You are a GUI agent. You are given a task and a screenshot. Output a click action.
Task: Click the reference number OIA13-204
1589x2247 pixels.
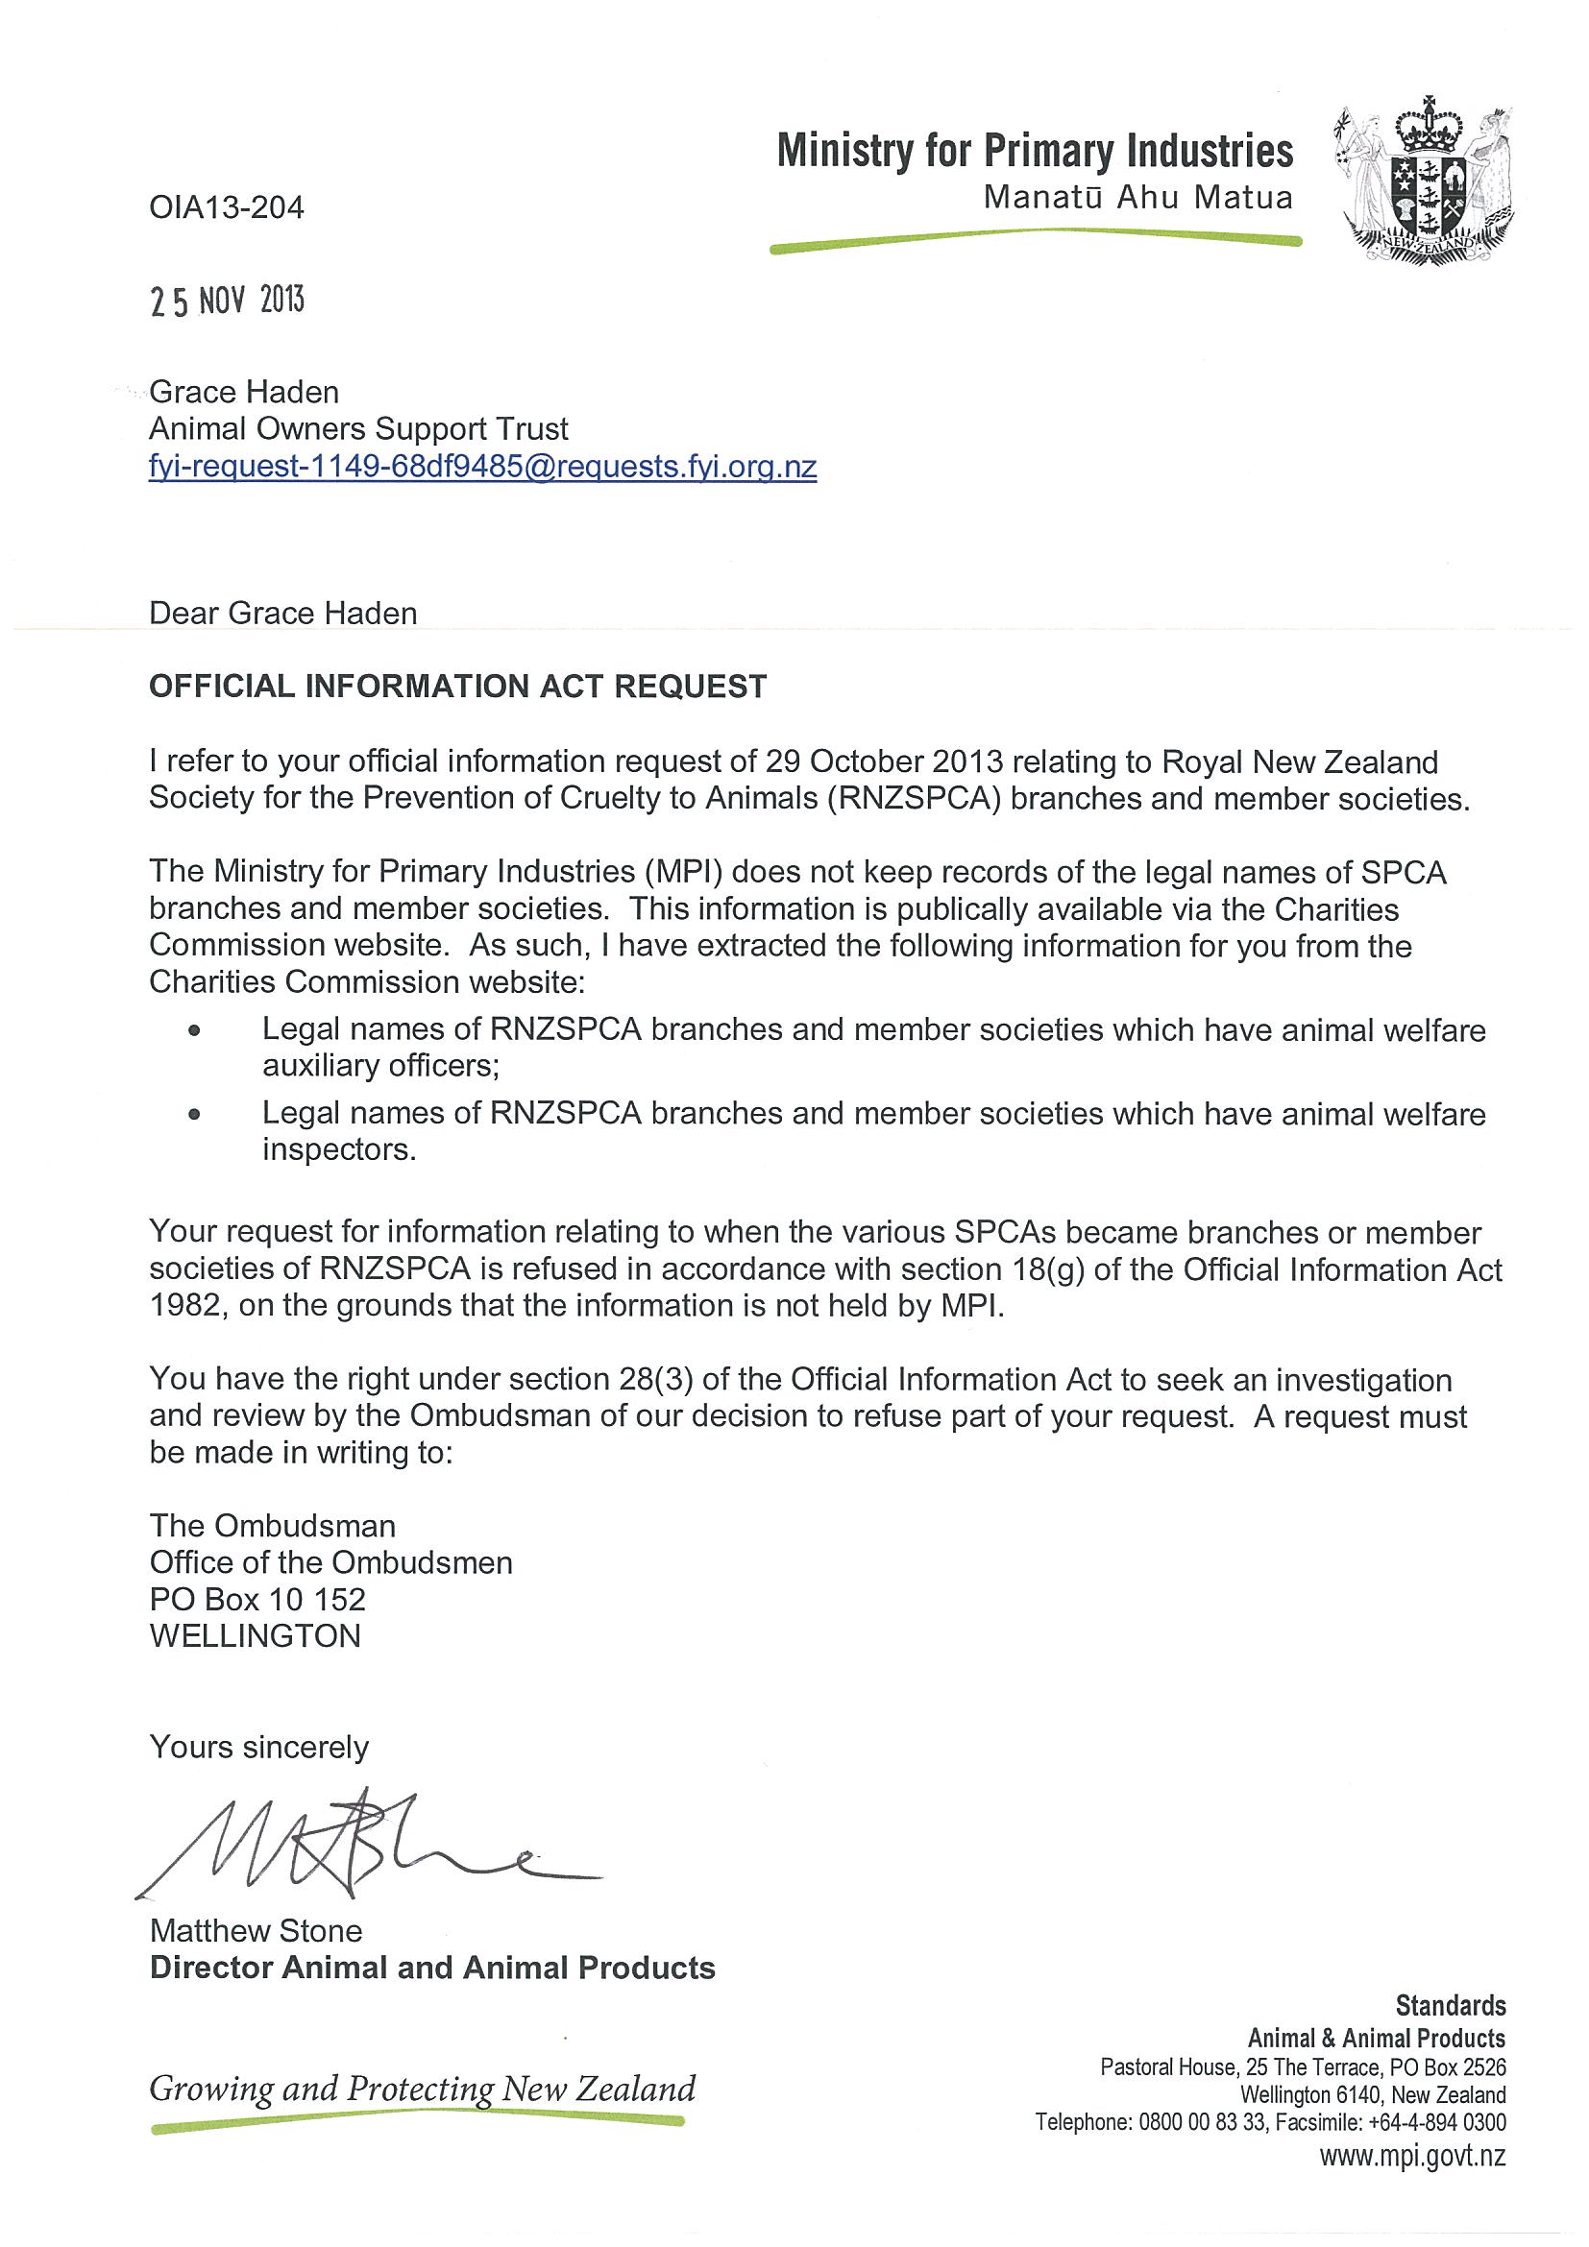tap(226, 207)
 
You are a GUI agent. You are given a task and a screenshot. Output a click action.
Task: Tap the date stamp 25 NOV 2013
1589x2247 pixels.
tap(227, 300)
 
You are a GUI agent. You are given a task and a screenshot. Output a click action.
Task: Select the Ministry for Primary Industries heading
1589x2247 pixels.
tap(1035, 152)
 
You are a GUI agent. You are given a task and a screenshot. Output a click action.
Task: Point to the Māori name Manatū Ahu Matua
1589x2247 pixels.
tap(1137, 198)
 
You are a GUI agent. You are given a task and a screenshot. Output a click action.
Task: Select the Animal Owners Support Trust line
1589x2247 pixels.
tap(358, 428)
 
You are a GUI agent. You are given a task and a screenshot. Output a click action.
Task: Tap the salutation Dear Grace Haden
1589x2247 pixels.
tap(283, 613)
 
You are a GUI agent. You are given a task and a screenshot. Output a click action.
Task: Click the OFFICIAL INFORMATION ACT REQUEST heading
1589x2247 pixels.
tap(457, 686)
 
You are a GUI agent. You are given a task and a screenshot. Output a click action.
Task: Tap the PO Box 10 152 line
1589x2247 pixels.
tap(257, 1599)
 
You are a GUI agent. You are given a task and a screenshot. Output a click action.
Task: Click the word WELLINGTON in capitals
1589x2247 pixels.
tap(256, 1635)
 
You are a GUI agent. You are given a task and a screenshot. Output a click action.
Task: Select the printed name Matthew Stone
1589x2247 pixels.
tap(256, 1931)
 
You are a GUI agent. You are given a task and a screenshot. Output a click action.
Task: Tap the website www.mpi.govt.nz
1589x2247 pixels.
tap(1412, 2156)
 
